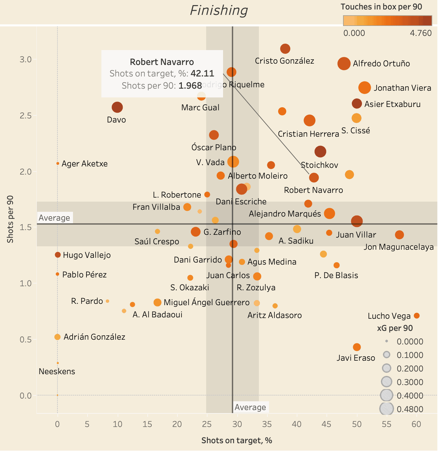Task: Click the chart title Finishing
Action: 219,10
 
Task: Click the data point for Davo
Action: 117,108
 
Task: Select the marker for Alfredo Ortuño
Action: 344,64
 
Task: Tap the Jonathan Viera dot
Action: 365,88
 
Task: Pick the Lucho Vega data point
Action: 417,316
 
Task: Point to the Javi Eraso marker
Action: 357,347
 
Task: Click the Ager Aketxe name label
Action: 84,164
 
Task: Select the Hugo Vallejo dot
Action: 58,255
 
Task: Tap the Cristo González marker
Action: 285,49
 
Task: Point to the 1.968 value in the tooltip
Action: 190,86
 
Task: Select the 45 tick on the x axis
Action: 326,424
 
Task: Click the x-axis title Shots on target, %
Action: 237,440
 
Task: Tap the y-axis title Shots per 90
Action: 10,219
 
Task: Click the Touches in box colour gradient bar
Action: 387,21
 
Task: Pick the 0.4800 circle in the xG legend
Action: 387,409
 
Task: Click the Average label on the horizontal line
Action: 54,218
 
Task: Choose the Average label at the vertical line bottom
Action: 250,407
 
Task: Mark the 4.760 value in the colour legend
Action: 421,33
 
